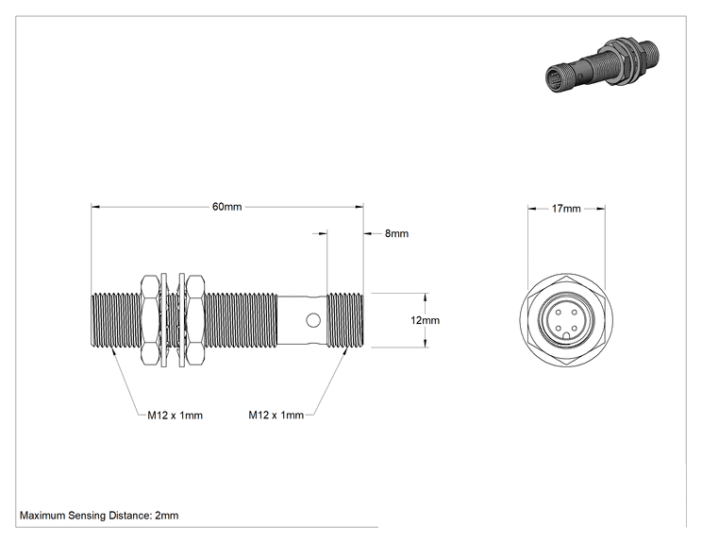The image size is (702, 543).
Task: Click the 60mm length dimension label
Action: pos(227,207)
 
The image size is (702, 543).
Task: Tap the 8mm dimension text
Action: pos(396,233)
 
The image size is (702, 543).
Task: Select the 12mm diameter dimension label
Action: pos(425,320)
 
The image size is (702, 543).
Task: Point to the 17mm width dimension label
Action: pos(566,209)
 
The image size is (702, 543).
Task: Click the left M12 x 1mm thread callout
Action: pos(175,416)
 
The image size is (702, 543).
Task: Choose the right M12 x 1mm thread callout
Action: pos(276,415)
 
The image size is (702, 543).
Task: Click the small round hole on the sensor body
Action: pos(313,320)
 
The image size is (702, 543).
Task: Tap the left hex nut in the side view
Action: pos(149,320)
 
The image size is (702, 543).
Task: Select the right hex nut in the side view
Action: pos(194,320)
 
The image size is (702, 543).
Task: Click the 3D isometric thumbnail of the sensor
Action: pos(602,65)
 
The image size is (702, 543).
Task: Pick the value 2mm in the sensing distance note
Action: pos(167,516)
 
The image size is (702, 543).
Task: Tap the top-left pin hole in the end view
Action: pos(559,312)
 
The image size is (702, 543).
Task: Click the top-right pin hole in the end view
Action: pos(575,312)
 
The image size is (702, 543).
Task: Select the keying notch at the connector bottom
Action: pos(566,336)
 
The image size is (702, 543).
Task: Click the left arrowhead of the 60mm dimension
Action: pos(95,207)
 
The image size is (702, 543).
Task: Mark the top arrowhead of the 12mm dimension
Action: pos(426,297)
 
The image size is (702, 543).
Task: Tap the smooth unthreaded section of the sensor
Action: pos(302,320)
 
